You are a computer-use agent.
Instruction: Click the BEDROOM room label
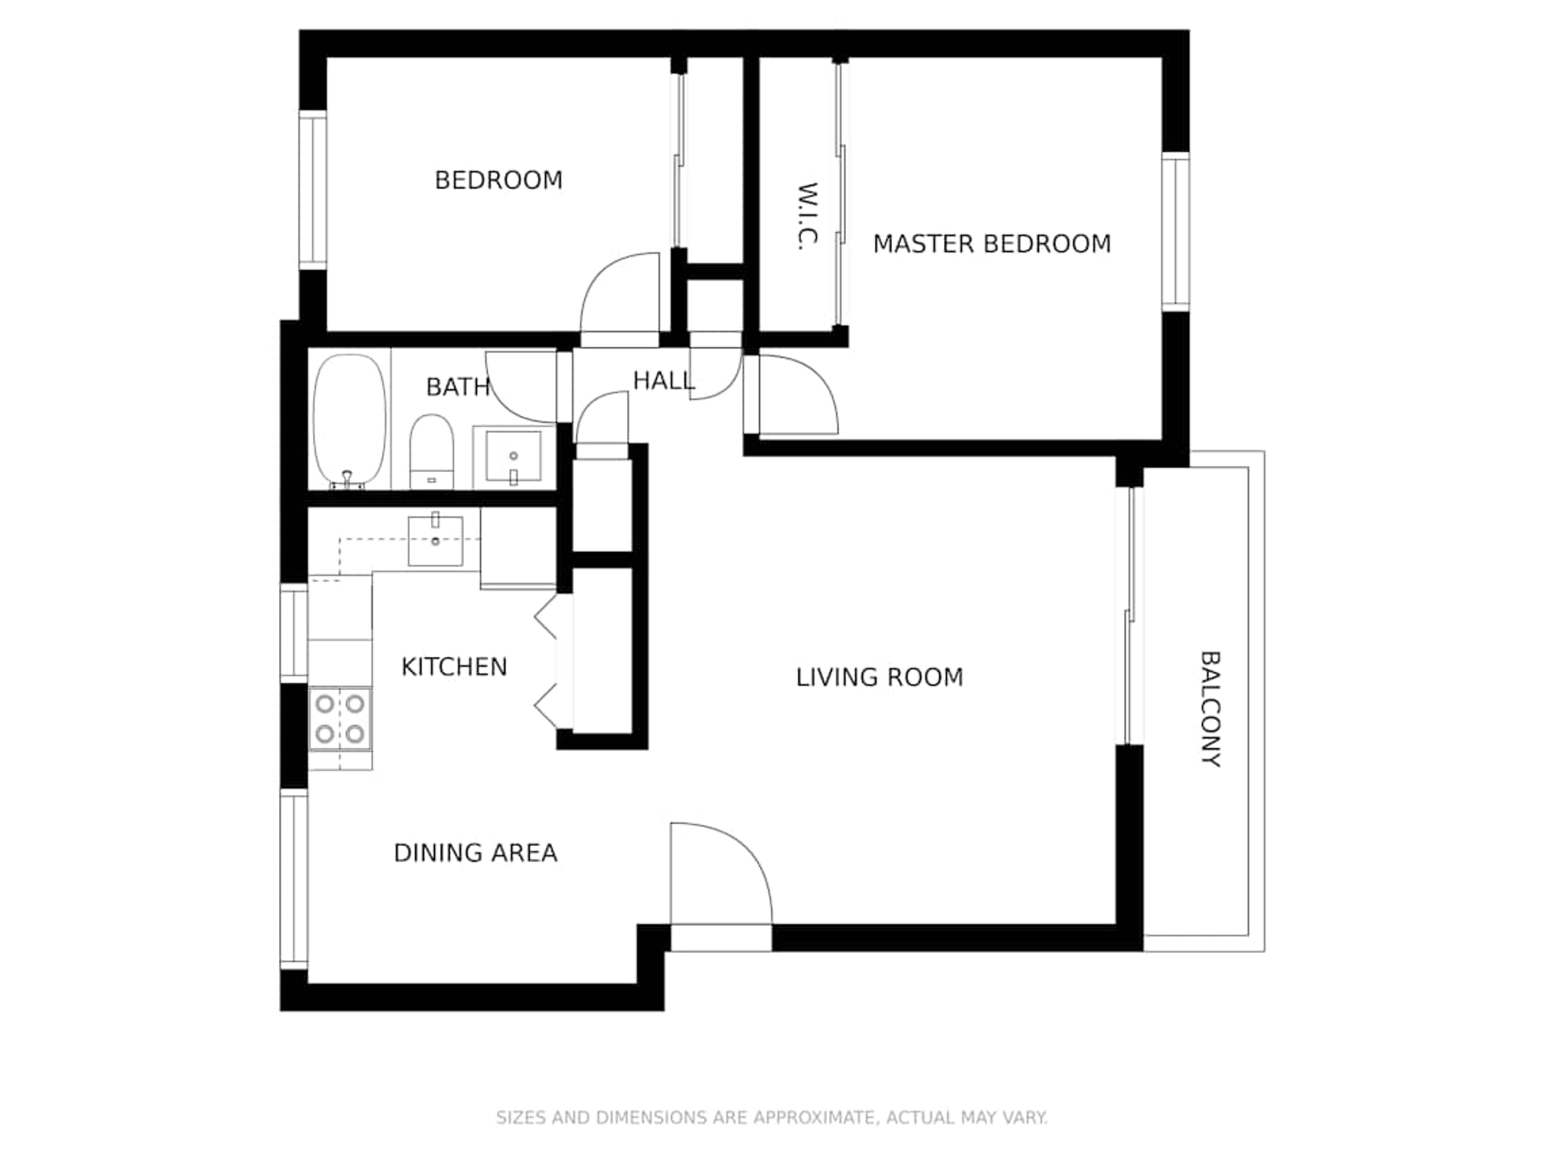point(499,180)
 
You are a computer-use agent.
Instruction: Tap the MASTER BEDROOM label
point(992,244)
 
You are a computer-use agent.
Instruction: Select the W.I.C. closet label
point(807,216)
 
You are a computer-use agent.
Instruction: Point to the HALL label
point(663,380)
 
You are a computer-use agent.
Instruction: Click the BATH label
point(458,387)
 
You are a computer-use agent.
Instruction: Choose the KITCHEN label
point(454,667)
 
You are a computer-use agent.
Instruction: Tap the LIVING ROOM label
point(879,677)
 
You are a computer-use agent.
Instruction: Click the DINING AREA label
point(475,852)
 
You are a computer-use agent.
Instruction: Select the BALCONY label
point(1210,709)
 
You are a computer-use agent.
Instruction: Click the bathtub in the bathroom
point(349,421)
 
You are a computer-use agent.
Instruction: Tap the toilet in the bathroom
point(432,451)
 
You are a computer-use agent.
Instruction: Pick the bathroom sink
point(513,457)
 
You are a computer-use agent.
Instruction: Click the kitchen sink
point(435,540)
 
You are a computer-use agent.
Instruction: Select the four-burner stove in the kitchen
point(340,719)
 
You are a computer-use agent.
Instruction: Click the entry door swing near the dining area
point(721,873)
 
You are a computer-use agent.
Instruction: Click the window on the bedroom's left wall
point(313,190)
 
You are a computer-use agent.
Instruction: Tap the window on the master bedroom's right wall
point(1175,232)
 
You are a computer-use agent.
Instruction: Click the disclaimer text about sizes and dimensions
point(772,1117)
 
